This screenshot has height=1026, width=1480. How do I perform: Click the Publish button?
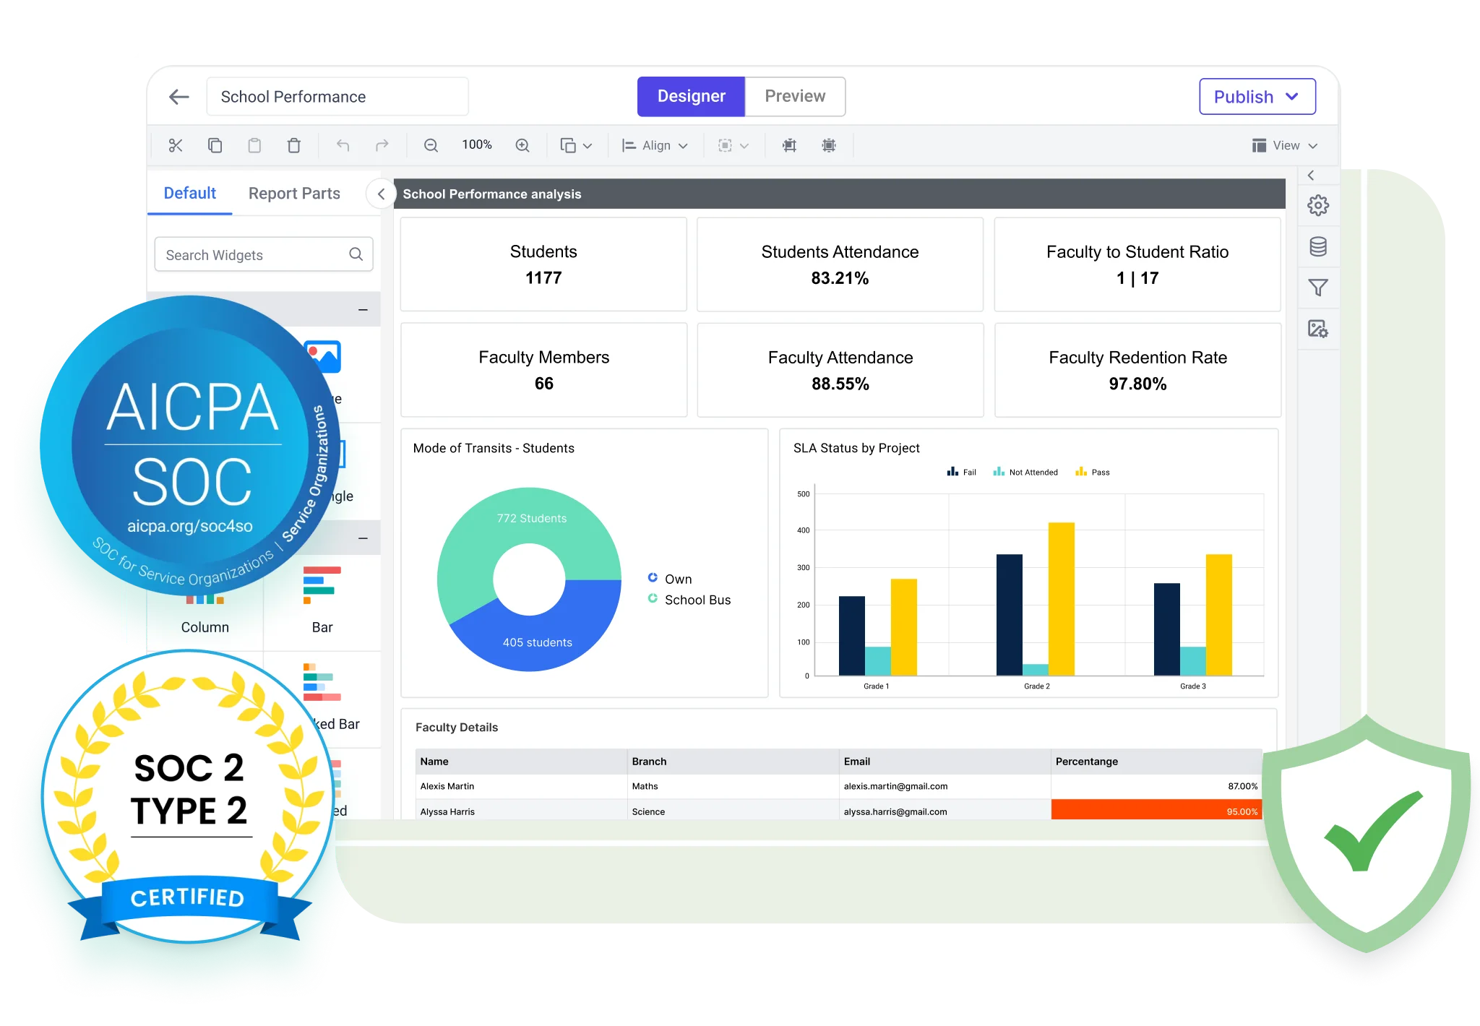(x=1257, y=97)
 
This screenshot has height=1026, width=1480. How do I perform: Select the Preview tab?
(x=794, y=97)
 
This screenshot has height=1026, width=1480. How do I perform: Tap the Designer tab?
(x=691, y=97)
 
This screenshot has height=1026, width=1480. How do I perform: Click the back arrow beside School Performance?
(x=178, y=97)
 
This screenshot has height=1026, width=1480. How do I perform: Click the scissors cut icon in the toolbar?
(x=176, y=145)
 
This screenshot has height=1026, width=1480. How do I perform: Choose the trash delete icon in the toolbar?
(x=293, y=145)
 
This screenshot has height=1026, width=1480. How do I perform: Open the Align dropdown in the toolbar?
(x=655, y=145)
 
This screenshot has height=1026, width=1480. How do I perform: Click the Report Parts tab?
(x=294, y=194)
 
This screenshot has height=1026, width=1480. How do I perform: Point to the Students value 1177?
(x=543, y=278)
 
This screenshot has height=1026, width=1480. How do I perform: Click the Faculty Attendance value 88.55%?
(x=840, y=384)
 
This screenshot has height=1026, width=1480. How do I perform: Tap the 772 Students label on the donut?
(x=532, y=518)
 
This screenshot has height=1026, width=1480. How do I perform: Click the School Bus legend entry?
(x=697, y=600)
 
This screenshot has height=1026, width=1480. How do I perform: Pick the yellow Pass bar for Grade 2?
(x=1061, y=600)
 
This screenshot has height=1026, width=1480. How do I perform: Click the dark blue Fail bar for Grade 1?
(x=851, y=636)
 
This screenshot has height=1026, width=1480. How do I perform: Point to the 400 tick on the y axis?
(x=803, y=530)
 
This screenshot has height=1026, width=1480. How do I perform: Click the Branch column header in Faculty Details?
(x=649, y=762)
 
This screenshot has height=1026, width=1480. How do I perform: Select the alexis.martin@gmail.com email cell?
(x=895, y=786)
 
